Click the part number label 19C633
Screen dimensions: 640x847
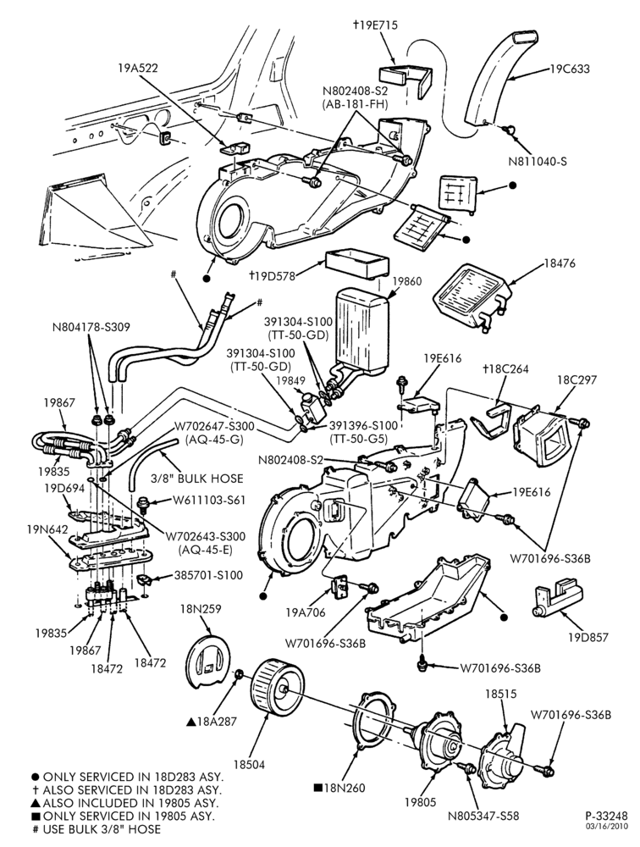point(571,69)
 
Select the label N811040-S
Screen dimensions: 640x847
point(538,161)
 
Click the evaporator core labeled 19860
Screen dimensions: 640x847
point(361,330)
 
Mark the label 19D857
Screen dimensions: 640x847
point(587,638)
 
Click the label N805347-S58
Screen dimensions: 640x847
point(483,816)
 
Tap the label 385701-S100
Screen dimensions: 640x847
point(208,575)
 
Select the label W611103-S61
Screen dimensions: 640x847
point(209,501)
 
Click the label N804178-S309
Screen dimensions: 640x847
point(91,327)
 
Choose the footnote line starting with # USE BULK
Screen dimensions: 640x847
point(97,828)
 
